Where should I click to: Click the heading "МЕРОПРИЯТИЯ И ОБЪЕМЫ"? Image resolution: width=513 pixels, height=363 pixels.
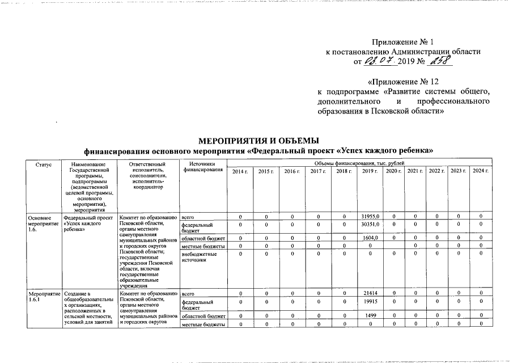tap(258, 140)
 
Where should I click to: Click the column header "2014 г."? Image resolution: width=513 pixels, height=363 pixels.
tap(240, 171)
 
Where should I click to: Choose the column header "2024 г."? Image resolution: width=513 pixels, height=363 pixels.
tap(480, 171)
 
